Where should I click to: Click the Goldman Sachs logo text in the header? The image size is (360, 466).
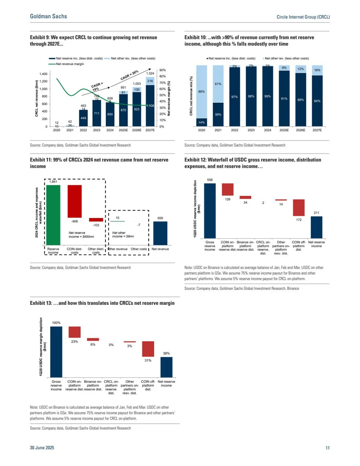coord(48,16)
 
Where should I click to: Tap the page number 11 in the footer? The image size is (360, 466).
coord(327,448)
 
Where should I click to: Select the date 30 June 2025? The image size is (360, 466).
coord(42,448)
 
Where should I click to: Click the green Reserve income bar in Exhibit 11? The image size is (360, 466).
coord(53,215)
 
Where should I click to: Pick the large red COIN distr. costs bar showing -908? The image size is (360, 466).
coord(74,201)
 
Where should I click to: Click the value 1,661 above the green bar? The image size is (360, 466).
coord(53,182)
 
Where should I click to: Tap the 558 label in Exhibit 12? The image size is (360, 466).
coord(210,180)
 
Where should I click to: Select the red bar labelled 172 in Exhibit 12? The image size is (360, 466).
coord(299,207)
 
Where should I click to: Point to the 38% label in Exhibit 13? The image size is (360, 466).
coord(166,353)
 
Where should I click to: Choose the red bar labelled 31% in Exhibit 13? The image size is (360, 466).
coord(148,349)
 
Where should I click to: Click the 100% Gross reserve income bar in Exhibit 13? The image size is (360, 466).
coord(56,352)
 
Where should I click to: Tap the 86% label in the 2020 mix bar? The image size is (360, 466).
coord(201,91)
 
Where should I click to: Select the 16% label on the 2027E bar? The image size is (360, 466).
coord(317,70)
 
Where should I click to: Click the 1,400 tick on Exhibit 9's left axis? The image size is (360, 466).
coord(43,74)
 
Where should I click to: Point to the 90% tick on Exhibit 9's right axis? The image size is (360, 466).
coord(162,70)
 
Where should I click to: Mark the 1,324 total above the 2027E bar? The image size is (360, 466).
coord(150,73)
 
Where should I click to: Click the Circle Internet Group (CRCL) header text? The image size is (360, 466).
coord(303,17)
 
